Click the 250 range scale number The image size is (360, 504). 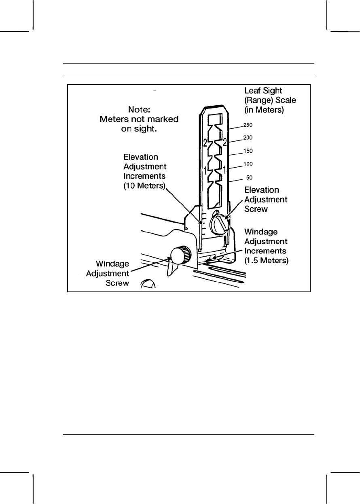[248, 125]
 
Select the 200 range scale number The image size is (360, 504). [248, 138]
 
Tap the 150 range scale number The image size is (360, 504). [248, 151]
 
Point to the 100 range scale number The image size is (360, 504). [248, 164]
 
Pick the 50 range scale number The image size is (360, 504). [250, 178]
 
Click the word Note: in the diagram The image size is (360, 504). [139, 109]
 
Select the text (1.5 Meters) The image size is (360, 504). [267, 261]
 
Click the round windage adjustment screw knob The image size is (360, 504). [179, 255]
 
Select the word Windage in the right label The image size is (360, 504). [260, 232]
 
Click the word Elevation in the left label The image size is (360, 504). [141, 157]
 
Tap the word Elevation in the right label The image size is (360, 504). [262, 190]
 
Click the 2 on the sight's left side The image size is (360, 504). [205, 142]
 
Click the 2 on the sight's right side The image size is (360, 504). [225, 142]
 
